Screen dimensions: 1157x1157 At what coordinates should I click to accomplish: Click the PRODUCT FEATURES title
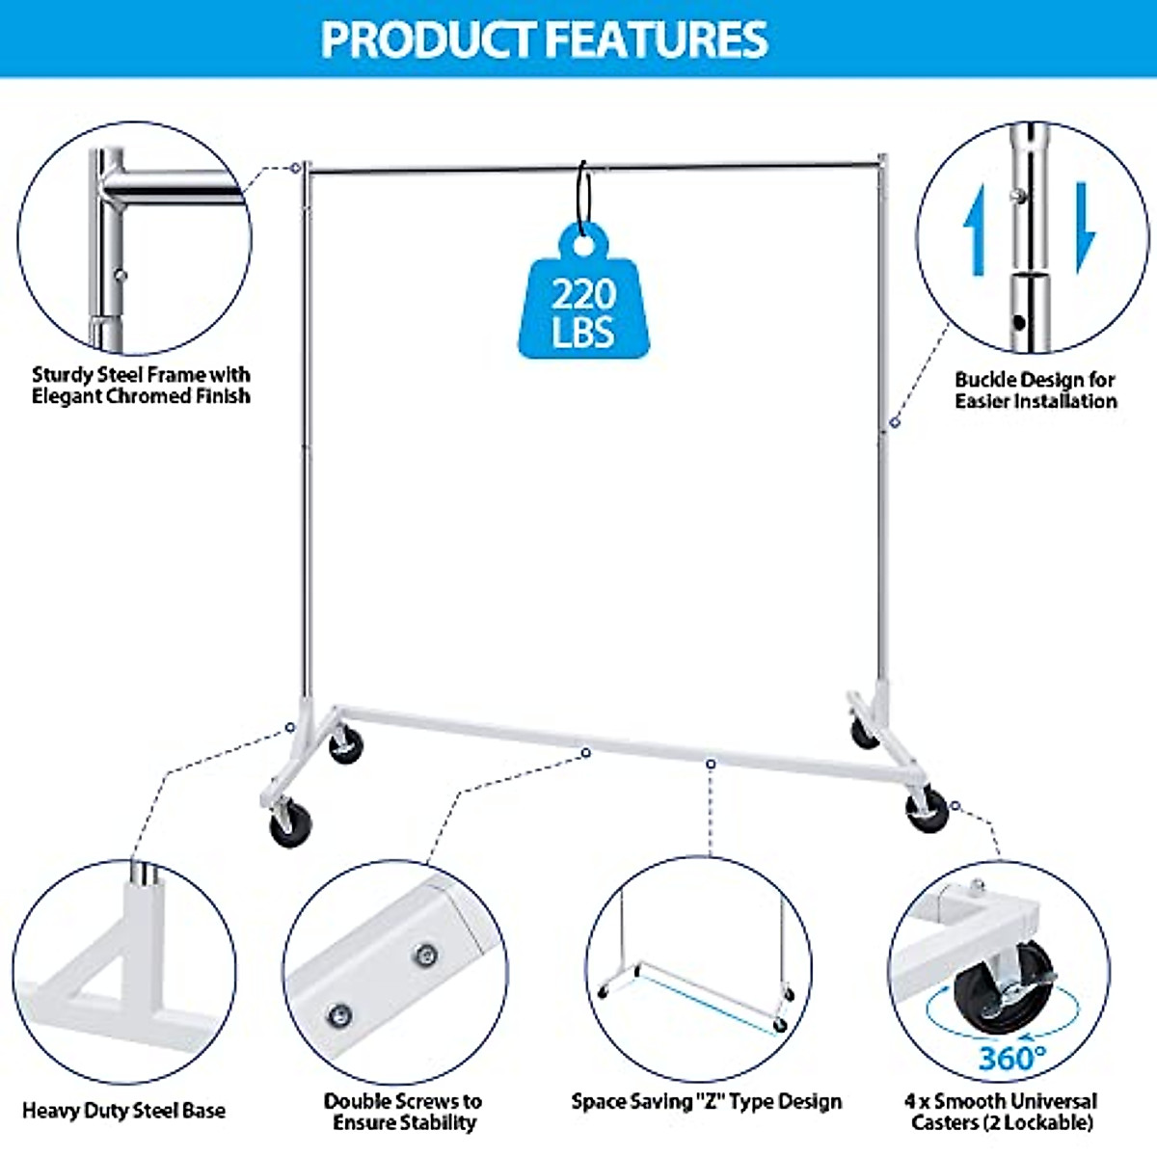(x=545, y=40)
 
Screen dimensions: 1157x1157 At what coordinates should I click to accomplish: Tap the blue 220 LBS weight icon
(x=583, y=304)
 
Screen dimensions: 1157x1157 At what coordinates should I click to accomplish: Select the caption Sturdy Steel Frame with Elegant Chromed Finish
(x=141, y=386)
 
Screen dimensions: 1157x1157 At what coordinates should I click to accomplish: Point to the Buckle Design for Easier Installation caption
(x=1036, y=390)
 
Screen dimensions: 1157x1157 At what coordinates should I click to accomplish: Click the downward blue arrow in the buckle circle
(x=1086, y=227)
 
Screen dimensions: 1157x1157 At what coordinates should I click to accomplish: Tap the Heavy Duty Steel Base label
(x=123, y=1111)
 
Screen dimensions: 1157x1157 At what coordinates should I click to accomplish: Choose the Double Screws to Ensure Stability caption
(x=403, y=1112)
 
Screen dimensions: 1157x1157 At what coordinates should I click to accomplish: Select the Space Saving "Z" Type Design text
(x=706, y=1102)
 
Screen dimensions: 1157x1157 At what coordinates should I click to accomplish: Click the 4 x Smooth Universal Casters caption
(x=1001, y=1112)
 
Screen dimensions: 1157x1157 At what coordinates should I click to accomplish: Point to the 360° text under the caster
(x=1011, y=1058)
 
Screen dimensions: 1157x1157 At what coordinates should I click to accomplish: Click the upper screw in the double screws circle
(x=425, y=955)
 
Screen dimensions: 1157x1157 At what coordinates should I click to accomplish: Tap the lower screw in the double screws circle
(x=338, y=1015)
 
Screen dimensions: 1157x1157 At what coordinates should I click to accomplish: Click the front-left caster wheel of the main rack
(x=288, y=827)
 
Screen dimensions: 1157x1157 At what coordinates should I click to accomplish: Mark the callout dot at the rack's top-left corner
(x=295, y=168)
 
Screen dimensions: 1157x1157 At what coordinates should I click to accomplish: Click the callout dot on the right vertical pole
(x=895, y=421)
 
